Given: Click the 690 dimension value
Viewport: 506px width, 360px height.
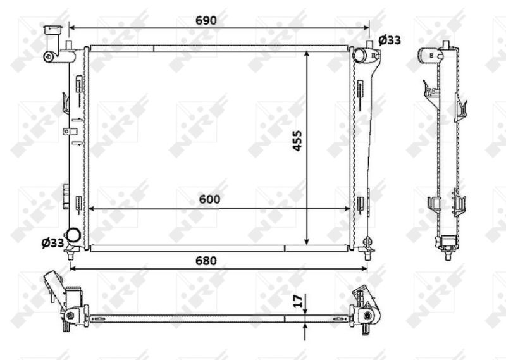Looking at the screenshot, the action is coord(206,20).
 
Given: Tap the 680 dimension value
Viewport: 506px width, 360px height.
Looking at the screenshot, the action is coord(206,261).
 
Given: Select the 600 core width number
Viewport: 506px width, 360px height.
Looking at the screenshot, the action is coord(209,199).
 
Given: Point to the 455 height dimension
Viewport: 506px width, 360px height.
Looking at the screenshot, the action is coord(297,140).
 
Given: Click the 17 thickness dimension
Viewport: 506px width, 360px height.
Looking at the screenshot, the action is coord(299,301).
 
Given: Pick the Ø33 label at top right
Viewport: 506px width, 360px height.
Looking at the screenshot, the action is coord(390,40).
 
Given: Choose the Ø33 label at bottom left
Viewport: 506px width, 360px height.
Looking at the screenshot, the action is coord(52,243).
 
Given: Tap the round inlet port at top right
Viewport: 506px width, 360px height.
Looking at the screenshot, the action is coord(359,54).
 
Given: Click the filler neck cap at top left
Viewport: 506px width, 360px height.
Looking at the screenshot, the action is coord(53,29).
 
